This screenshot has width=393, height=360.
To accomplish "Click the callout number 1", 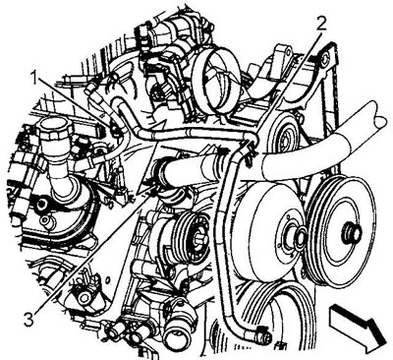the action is tap(34, 79).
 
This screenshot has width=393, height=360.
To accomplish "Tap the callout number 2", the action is tap(321, 24).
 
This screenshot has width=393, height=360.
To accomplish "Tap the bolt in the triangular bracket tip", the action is tap(324, 60).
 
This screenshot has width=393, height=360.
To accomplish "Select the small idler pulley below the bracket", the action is tap(284, 135).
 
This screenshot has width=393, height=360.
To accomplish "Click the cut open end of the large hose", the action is tap(382, 116).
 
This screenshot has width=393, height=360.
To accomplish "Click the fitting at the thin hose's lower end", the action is tap(264, 337).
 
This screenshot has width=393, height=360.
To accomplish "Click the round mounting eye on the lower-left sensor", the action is tap(84, 296).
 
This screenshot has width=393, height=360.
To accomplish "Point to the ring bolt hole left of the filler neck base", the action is tap(41, 205).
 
